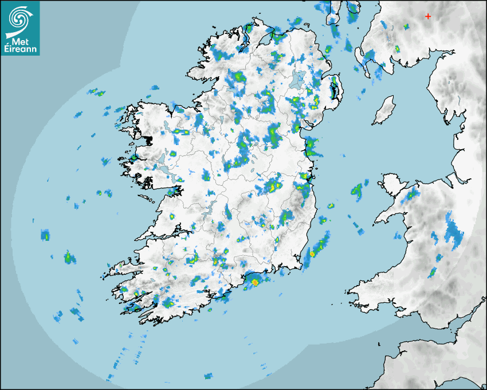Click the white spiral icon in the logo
pyautogui.click(x=20, y=18)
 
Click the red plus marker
pyautogui.click(x=428, y=17)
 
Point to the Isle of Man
pyautogui.click(x=384, y=111)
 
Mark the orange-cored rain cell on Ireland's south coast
pyautogui.click(x=254, y=281)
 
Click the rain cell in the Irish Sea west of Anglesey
pyautogui.click(x=358, y=190)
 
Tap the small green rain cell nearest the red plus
pyautogui.click(x=406, y=26)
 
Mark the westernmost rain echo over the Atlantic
pyautogui.click(x=45, y=235)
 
